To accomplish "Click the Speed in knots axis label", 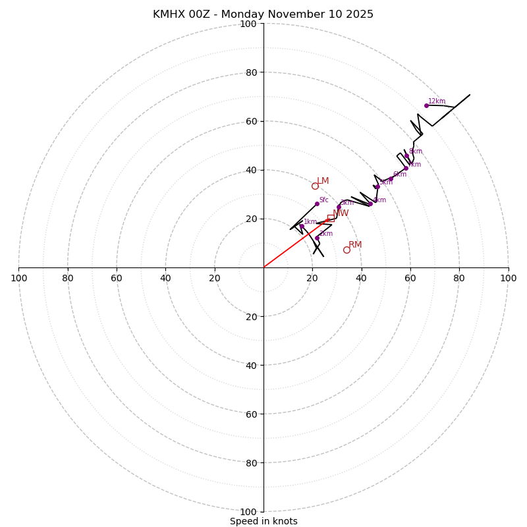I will click(263, 521).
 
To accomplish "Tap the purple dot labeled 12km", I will click(426, 105).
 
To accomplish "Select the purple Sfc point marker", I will click(317, 204).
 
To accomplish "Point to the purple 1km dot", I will click(302, 226).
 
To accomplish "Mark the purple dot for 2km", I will click(317, 238).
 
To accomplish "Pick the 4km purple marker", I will click(370, 204).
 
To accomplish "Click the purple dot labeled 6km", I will click(391, 179).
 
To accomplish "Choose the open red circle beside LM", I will click(315, 186).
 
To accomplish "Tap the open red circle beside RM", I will click(347, 250).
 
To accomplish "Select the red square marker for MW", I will click(331, 218).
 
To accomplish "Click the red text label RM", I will click(355, 245).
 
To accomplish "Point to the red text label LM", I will click(323, 181).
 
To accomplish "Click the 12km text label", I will click(437, 101).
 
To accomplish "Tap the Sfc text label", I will click(323, 200).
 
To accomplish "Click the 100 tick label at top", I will click(248, 24).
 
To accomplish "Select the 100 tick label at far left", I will click(19, 278).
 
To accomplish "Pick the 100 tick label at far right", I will click(508, 278).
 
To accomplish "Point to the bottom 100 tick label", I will click(248, 512).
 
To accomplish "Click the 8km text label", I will click(415, 152).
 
